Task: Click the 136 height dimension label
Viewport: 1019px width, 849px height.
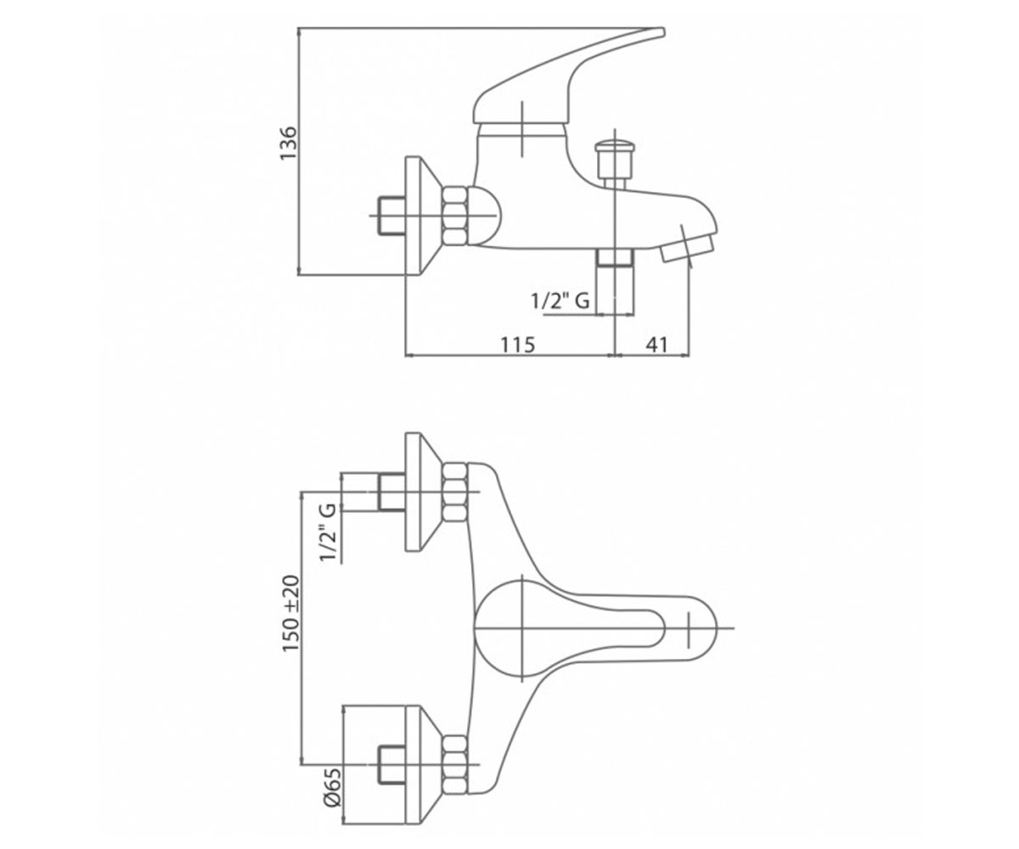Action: point(288,143)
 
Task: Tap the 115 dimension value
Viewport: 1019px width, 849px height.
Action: point(518,345)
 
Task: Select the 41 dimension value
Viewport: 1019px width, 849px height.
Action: point(656,345)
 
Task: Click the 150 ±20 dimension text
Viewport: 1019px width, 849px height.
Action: point(291,614)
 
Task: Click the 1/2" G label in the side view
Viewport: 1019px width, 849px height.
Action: point(560,301)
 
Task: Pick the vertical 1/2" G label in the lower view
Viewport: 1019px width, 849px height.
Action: point(329,533)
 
